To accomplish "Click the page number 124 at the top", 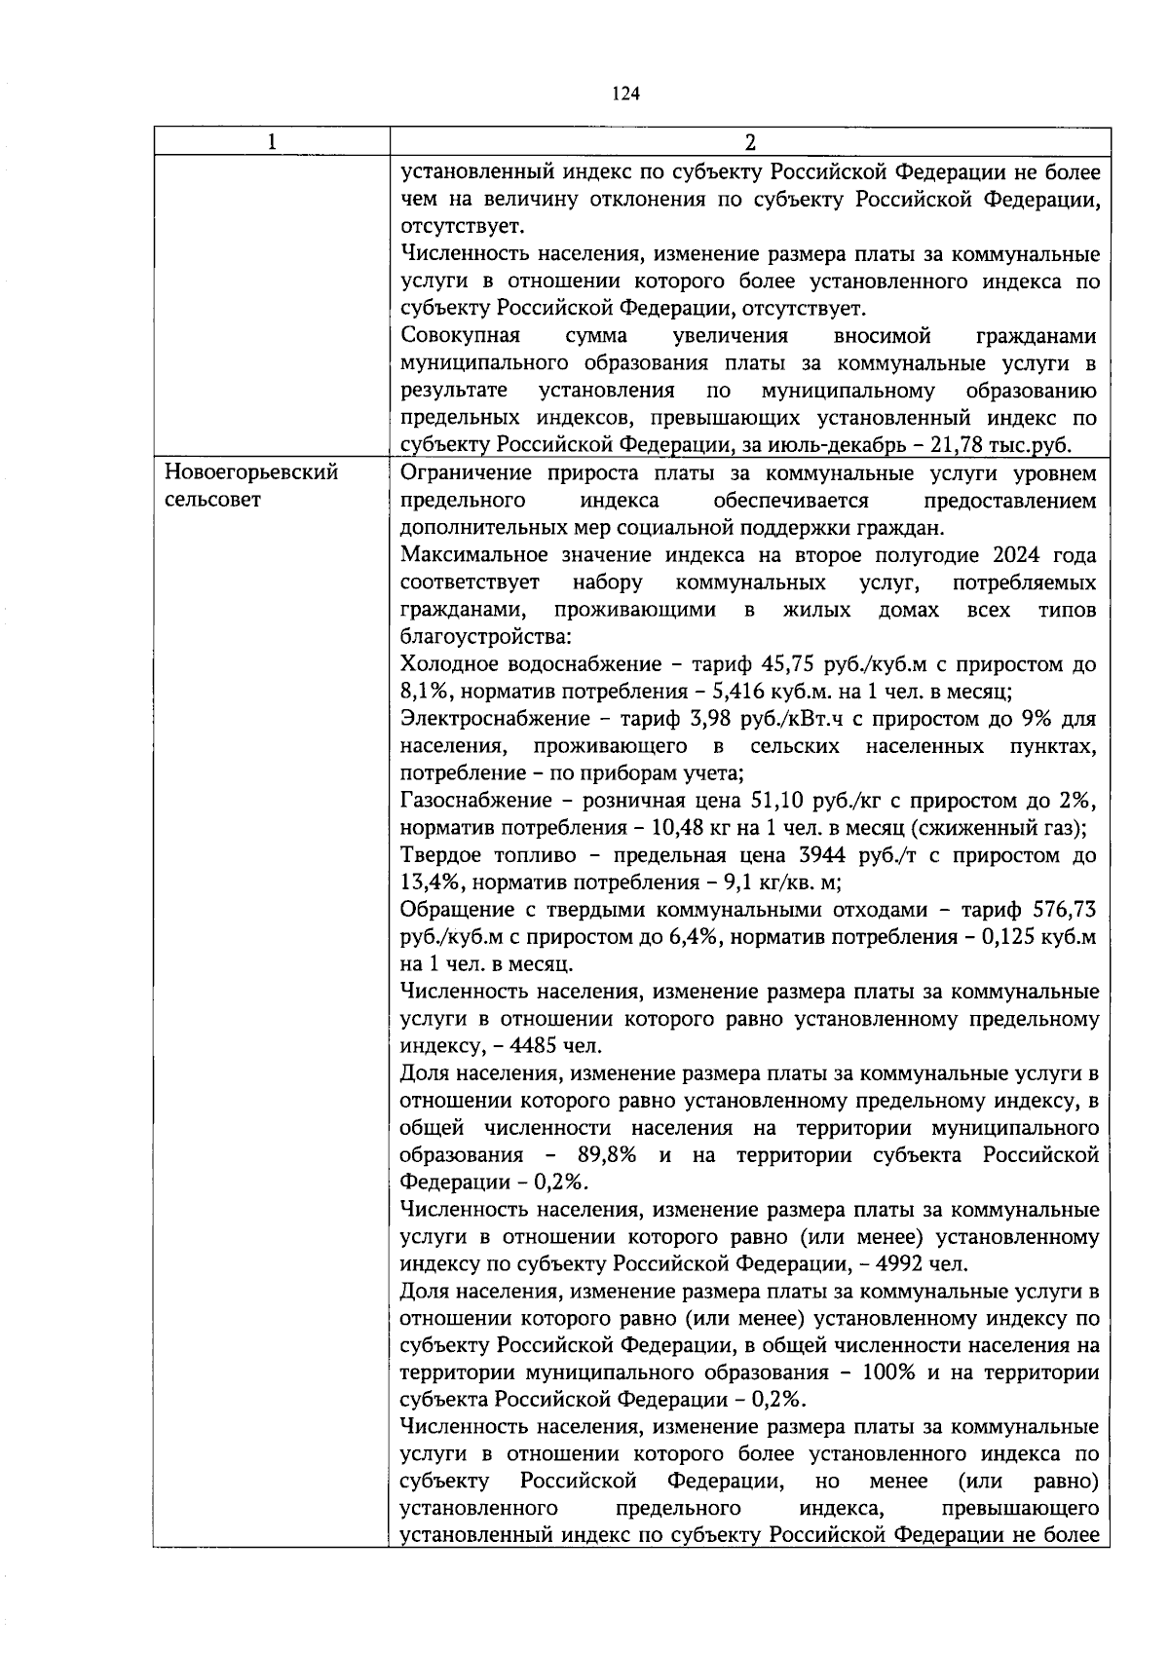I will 625,94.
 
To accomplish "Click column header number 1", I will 271,142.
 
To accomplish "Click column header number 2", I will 749,142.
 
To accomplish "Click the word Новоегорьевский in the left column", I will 251,472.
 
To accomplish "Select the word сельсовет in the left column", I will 212,500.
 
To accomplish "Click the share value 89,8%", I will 607,1155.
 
